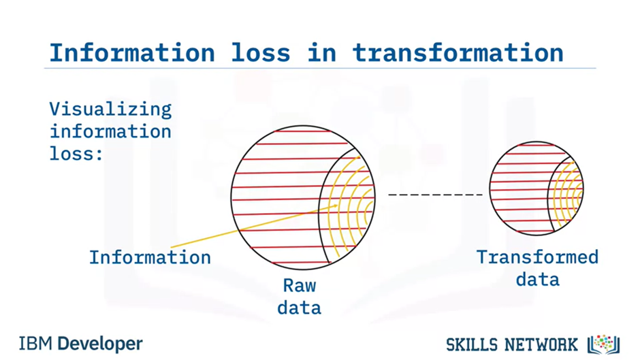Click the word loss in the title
(x=258, y=52)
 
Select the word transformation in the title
(x=458, y=52)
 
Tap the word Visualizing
(x=110, y=109)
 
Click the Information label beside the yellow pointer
(x=150, y=257)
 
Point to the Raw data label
(x=300, y=297)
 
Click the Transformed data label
(x=537, y=267)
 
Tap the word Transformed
(x=537, y=257)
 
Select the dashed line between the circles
(x=435, y=195)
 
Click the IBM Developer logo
(x=80, y=343)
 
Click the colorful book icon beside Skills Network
(x=603, y=343)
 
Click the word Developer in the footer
(x=100, y=343)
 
